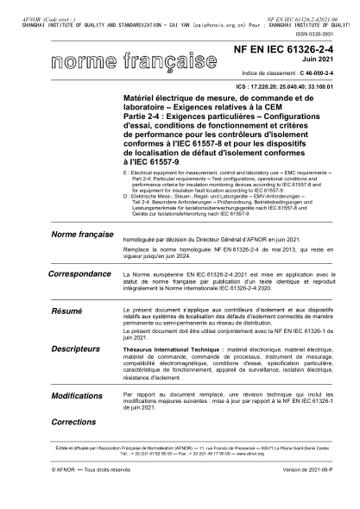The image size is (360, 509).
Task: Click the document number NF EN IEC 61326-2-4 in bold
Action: pos(294,53)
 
